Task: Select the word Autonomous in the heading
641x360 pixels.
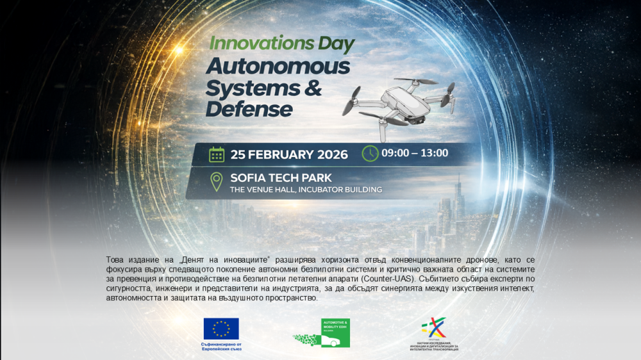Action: point(278,66)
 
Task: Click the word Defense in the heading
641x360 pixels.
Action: point(249,109)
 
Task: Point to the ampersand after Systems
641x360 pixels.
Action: point(313,88)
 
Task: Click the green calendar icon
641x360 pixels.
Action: point(217,154)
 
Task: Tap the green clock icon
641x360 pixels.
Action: point(370,154)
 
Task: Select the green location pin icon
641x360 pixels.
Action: point(217,182)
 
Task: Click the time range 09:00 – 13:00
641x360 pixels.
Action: point(415,153)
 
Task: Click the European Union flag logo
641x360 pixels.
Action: point(221,329)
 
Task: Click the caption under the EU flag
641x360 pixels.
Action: point(221,347)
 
